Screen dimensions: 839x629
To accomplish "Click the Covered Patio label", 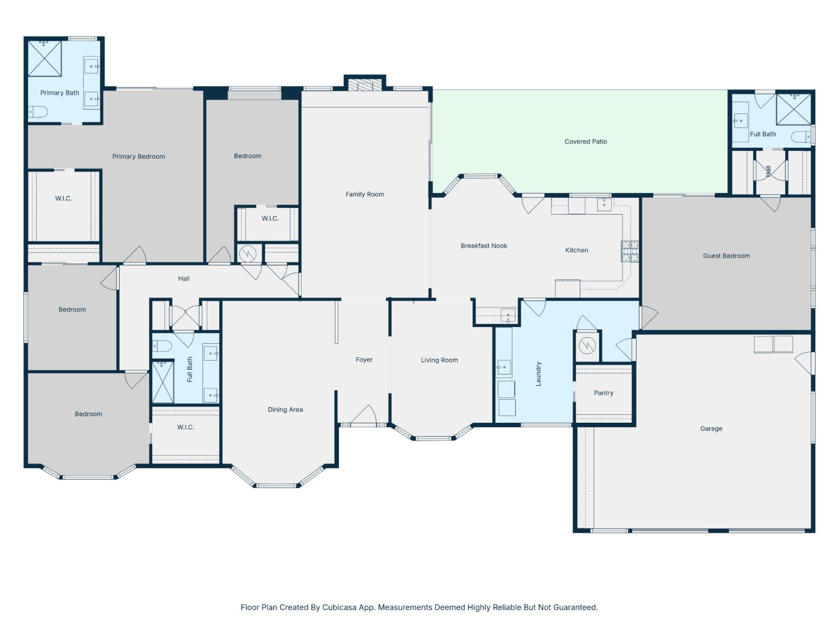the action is pyautogui.click(x=586, y=141).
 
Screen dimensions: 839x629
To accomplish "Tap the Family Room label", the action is pyautogui.click(x=365, y=195).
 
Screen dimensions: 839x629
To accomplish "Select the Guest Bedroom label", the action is pyautogui.click(x=726, y=256).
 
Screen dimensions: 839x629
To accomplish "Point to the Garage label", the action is pyautogui.click(x=711, y=428).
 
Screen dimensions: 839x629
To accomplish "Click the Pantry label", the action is pyautogui.click(x=604, y=393).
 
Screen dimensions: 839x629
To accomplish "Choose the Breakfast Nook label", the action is pyautogui.click(x=484, y=246).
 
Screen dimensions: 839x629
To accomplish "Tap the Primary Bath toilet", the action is pyautogui.click(x=38, y=112).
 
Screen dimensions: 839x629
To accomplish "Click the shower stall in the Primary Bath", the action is pyautogui.click(x=45, y=59).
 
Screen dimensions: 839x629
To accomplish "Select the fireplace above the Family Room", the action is pyautogui.click(x=365, y=85).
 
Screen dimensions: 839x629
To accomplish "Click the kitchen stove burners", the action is pyautogui.click(x=630, y=251).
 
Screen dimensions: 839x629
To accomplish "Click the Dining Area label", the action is pyautogui.click(x=285, y=410).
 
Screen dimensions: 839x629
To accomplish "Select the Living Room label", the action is pyautogui.click(x=439, y=360).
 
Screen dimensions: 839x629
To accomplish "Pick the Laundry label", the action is pyautogui.click(x=539, y=374).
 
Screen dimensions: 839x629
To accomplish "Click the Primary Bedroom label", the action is pyautogui.click(x=138, y=157).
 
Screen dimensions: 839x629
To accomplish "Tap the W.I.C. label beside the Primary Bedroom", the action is pyautogui.click(x=63, y=198).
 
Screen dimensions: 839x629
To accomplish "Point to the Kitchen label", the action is pyautogui.click(x=577, y=250).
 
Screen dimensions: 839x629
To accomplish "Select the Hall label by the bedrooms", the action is pyautogui.click(x=183, y=279).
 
